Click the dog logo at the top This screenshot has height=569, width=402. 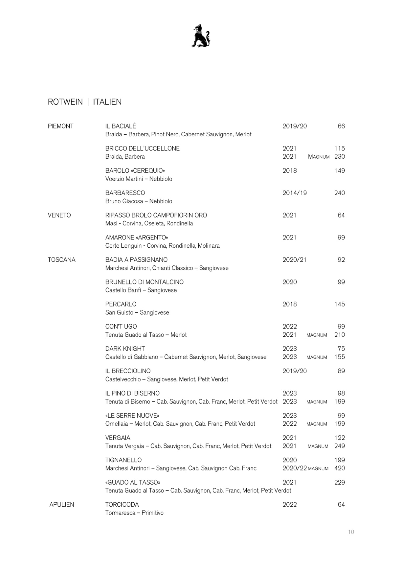201,36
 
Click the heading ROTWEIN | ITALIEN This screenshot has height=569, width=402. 85,102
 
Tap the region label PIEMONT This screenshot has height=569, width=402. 61,126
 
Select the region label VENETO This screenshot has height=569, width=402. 59,215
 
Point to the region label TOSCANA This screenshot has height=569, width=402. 62,260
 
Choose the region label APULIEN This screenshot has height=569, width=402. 62,505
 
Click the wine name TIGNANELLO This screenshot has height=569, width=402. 123,460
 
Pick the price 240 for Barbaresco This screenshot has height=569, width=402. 340,193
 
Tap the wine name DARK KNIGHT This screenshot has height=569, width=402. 125,349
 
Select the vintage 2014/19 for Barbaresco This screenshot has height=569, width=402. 295,193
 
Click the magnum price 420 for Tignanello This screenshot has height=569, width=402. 340,468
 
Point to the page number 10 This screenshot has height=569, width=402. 351,532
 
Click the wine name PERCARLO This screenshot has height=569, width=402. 121,304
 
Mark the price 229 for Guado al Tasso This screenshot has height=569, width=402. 340,482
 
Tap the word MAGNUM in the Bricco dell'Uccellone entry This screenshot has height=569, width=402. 319,157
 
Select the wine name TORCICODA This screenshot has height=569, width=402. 122,505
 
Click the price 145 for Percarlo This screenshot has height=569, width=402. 340,304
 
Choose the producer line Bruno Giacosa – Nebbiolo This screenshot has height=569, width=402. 139,201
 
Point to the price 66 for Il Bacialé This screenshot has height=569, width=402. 341,126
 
